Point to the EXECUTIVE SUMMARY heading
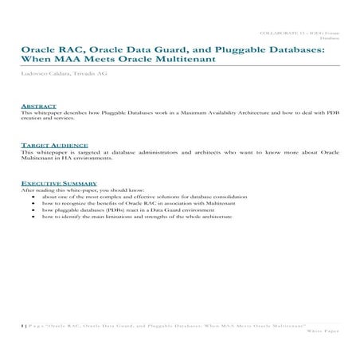[x=53, y=183]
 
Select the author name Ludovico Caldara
[x=45, y=72]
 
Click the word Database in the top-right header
[x=329, y=37]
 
